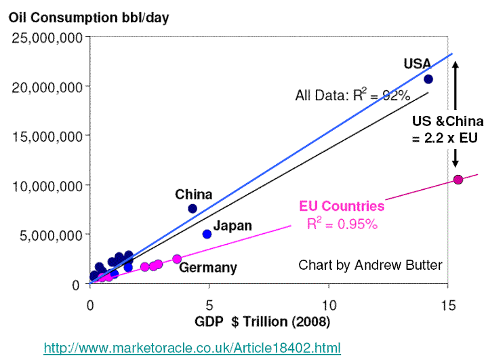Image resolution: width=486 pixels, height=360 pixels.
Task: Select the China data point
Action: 193,208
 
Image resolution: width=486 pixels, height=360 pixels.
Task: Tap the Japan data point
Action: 207,234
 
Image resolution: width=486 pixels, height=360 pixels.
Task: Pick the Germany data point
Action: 177,259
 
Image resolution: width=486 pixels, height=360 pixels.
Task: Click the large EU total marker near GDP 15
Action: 458,180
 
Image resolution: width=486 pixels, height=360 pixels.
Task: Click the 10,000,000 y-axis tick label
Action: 46,185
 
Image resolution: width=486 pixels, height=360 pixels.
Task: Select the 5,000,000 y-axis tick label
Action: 50,235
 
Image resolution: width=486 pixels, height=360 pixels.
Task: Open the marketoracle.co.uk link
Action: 191,348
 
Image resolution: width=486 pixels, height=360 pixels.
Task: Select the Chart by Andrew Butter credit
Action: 370,264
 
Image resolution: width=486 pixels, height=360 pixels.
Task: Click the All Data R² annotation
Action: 352,96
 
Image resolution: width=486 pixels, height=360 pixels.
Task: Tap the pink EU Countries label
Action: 342,206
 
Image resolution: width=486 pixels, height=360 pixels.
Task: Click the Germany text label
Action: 207,268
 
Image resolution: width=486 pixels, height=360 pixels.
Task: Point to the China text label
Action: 194,195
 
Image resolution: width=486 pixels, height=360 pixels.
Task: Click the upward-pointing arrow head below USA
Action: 455,65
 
